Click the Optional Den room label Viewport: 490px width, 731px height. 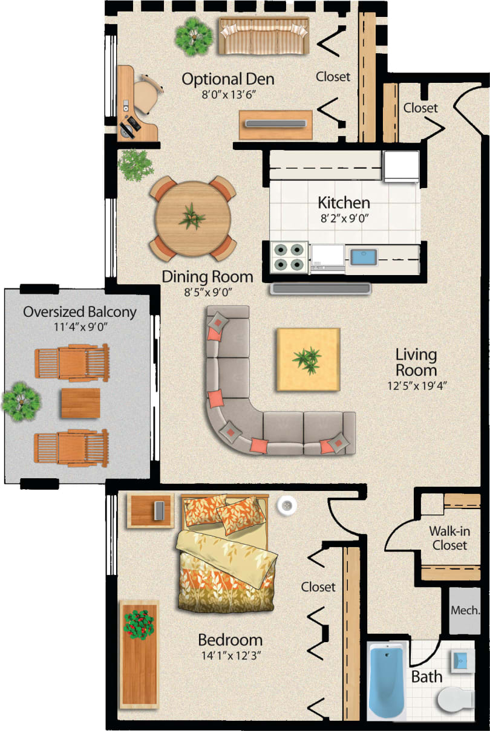click(x=227, y=79)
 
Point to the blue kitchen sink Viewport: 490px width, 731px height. click(x=365, y=256)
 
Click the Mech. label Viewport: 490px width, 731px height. click(x=465, y=610)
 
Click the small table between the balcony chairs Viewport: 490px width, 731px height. click(x=80, y=403)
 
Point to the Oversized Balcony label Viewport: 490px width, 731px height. click(x=79, y=312)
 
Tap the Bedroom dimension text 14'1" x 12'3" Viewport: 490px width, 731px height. click(x=230, y=655)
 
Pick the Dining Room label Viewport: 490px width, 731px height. click(x=207, y=277)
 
